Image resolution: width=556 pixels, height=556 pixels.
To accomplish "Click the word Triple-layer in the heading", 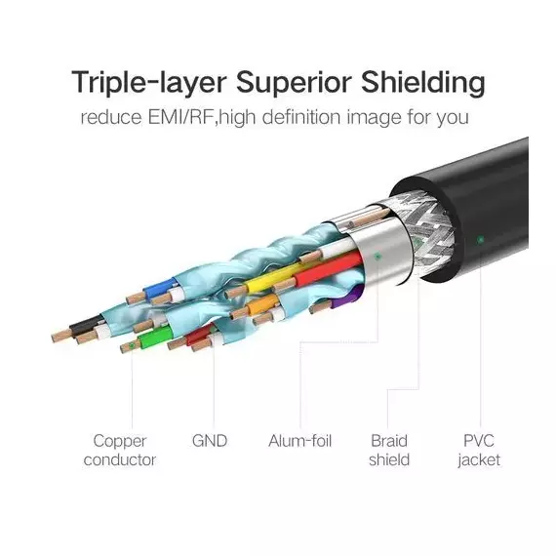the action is [x=148, y=83].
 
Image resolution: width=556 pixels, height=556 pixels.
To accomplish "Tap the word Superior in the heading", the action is [x=294, y=83].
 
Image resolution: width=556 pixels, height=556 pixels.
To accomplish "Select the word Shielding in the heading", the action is [x=423, y=83].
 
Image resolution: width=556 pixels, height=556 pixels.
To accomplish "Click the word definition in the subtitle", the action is [x=301, y=117].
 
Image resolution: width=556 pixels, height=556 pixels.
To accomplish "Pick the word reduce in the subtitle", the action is [x=111, y=118].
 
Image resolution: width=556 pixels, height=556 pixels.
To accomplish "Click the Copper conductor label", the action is [x=120, y=451].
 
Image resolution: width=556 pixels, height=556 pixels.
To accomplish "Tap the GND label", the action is [x=210, y=441].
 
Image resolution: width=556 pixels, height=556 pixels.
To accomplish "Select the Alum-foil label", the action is [x=300, y=441].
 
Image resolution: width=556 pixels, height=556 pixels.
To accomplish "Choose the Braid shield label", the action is [x=389, y=451].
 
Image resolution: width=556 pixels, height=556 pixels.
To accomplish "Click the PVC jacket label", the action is [x=479, y=451].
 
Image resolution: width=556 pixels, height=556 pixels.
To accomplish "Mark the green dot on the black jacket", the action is [x=481, y=240].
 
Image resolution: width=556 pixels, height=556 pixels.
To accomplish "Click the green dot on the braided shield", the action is [x=417, y=243].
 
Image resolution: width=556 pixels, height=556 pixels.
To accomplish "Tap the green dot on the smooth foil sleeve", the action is [x=377, y=256].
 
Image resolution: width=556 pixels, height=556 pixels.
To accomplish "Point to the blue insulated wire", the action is [x=161, y=287].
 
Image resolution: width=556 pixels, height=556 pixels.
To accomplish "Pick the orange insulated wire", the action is [x=263, y=304].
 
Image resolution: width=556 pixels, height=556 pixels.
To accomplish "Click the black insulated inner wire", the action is [x=86, y=326].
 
